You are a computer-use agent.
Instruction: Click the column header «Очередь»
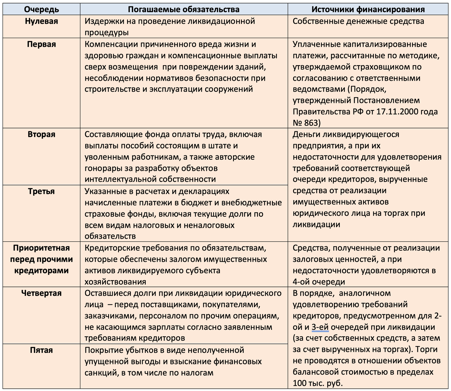[41, 9]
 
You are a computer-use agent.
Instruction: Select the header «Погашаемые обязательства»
[184, 9]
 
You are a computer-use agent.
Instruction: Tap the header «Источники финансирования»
[368, 9]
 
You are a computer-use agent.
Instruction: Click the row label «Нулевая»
[41, 21]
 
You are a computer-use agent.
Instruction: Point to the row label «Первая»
[41, 44]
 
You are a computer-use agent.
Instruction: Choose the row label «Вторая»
[41, 134]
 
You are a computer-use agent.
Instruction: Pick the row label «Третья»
[41, 191]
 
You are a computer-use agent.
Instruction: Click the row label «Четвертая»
[41, 293]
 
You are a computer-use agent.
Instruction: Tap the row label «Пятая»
[41, 350]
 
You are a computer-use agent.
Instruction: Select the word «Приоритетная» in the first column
[41, 248]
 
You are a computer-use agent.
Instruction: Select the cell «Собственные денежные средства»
[358, 21]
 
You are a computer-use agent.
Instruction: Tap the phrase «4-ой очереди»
[319, 282]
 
